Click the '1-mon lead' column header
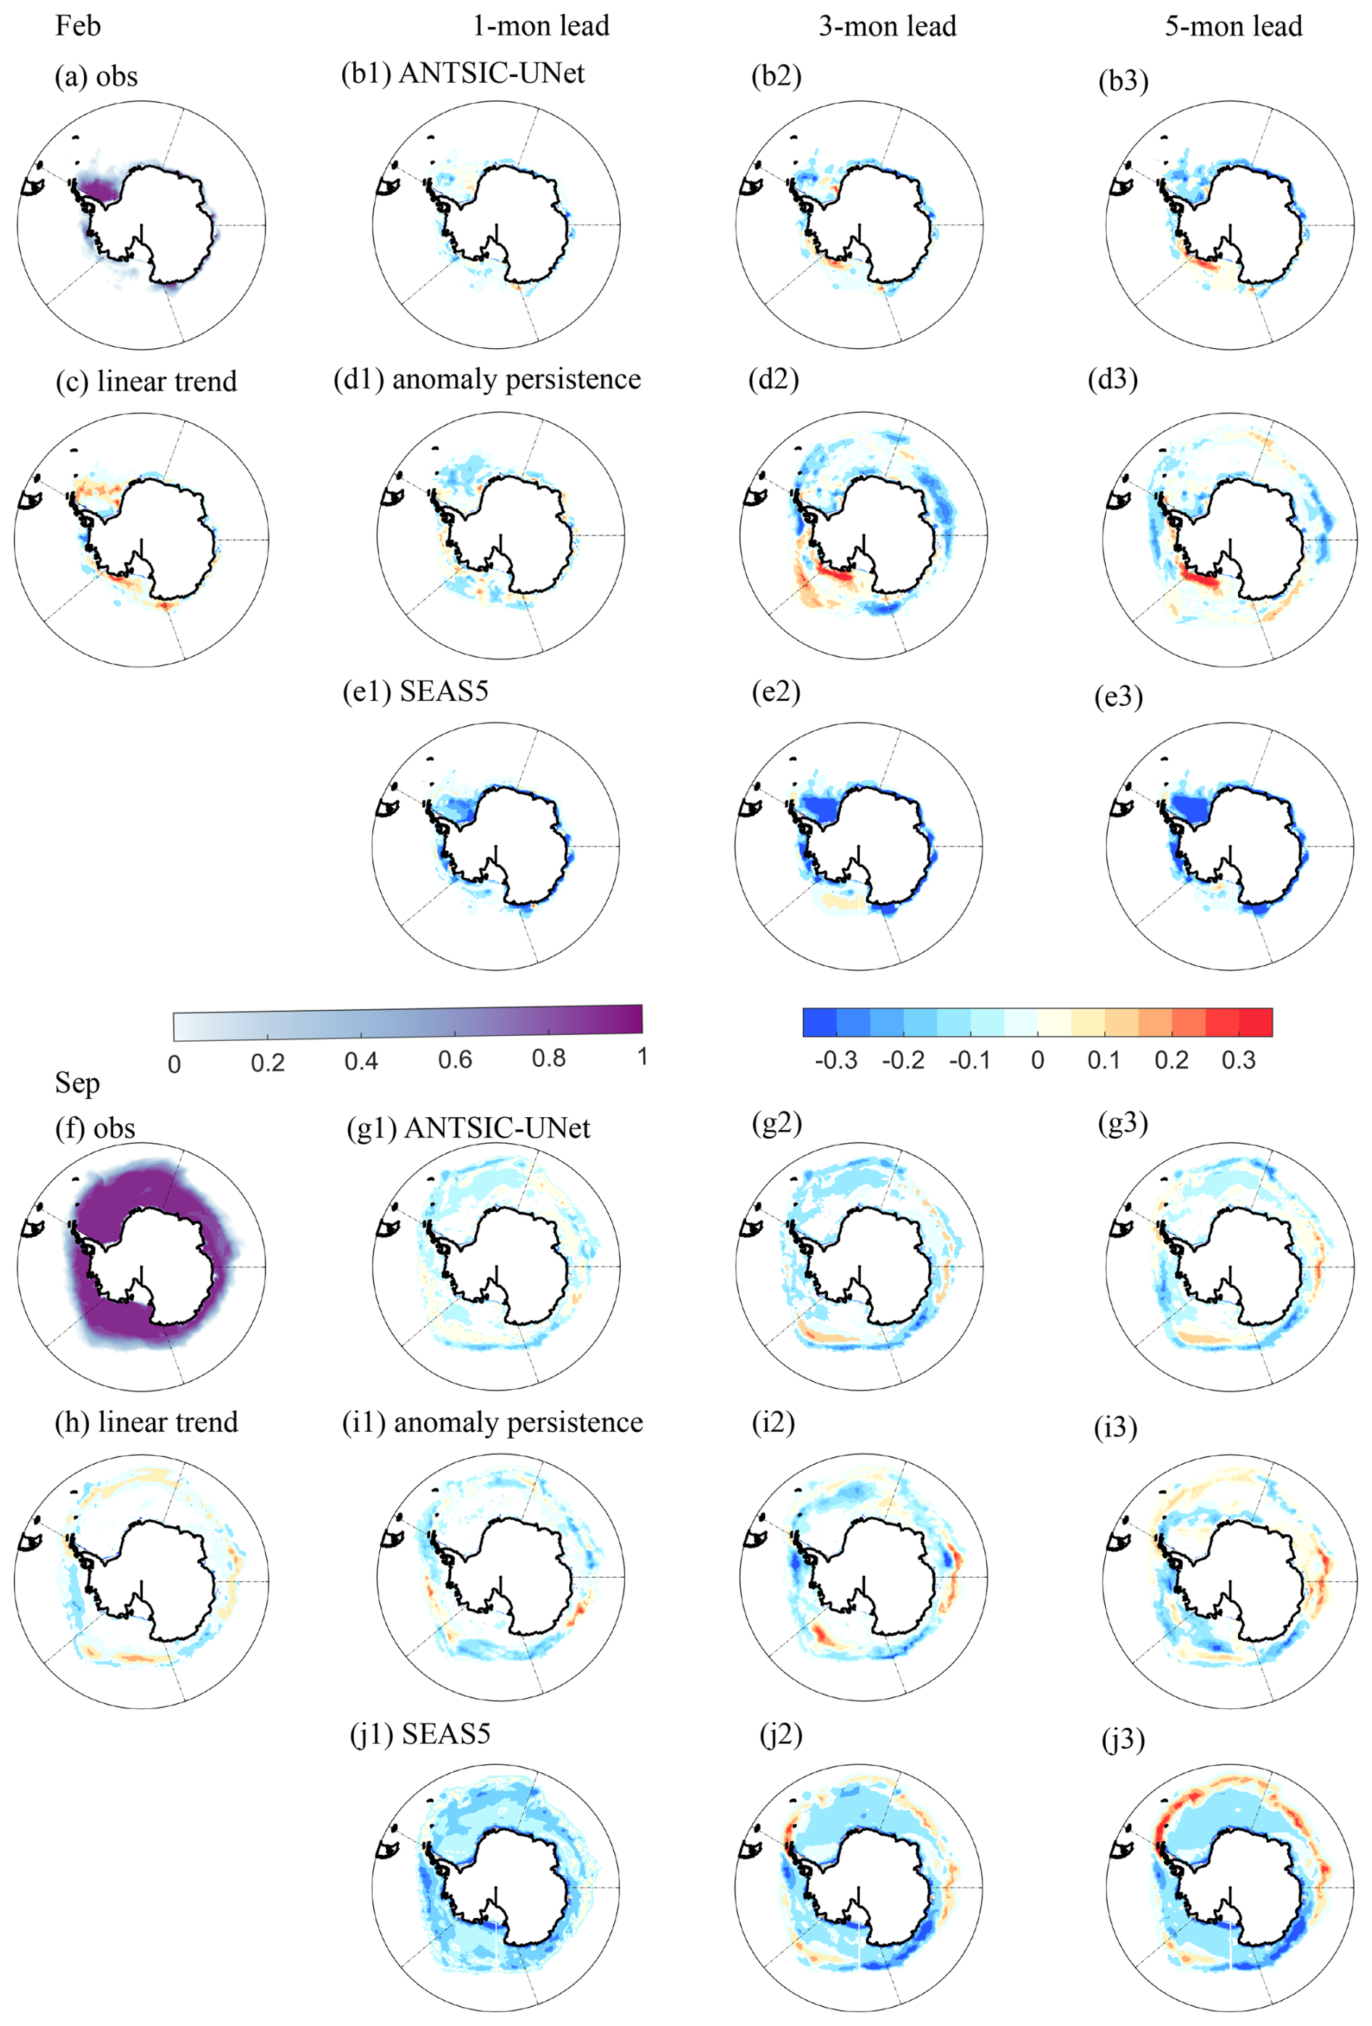pos(540,26)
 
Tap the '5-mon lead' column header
pos(1233,26)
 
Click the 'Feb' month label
pos(78,25)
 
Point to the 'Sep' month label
pos(77,1083)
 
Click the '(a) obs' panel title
pos(96,77)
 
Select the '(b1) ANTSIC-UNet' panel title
pos(462,74)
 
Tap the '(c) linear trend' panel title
pos(146,381)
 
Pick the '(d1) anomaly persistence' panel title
pos(487,379)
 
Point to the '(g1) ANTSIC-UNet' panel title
pos(468,1128)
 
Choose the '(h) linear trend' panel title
pos(146,1422)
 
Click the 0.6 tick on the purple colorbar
pos(454,1060)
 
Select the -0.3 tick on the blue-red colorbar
pos(835,1060)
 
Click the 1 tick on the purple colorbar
pos(642,1057)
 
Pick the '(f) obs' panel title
pos(95,1128)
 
